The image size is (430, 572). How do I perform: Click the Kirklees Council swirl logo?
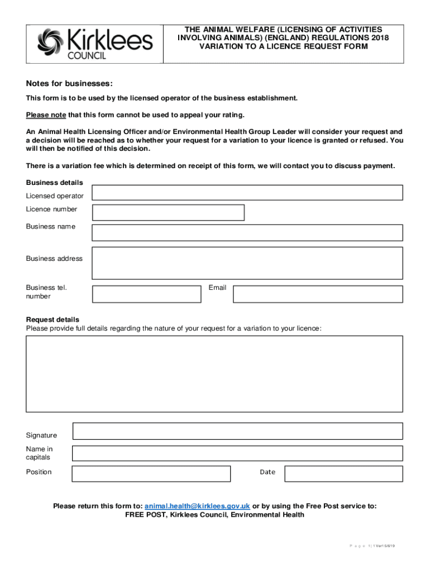51,42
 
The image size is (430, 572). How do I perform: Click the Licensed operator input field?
247,193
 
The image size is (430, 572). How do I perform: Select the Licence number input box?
168,213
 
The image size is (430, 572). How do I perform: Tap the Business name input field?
247,233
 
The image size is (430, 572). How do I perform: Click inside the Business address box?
247,263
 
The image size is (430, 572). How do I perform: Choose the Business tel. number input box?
146,294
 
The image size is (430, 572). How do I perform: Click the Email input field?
317,294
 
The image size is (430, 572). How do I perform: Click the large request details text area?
214,374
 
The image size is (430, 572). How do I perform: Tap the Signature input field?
237,431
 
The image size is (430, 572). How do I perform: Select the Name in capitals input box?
237,454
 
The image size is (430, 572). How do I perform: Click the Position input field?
151,474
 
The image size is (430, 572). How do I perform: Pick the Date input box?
343,474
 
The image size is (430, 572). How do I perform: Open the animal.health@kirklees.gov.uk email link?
197,506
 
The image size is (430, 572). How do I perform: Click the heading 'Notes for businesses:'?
69,84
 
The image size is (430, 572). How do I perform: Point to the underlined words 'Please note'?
46,115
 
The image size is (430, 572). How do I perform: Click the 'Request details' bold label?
52,320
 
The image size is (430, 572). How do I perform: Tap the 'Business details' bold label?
54,183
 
